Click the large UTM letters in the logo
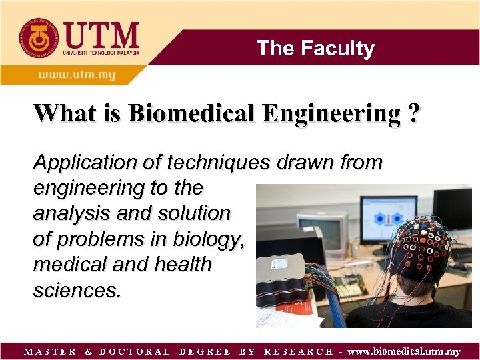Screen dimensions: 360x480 pos(100,35)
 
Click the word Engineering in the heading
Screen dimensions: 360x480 pos(332,113)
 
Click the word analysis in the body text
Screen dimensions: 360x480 pos(64,213)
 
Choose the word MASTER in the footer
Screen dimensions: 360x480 pos(50,351)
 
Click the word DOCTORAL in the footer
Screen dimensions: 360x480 pos(135,351)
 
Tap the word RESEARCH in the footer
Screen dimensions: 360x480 pos(299,351)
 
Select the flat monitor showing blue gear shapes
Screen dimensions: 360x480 pos(389,217)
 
